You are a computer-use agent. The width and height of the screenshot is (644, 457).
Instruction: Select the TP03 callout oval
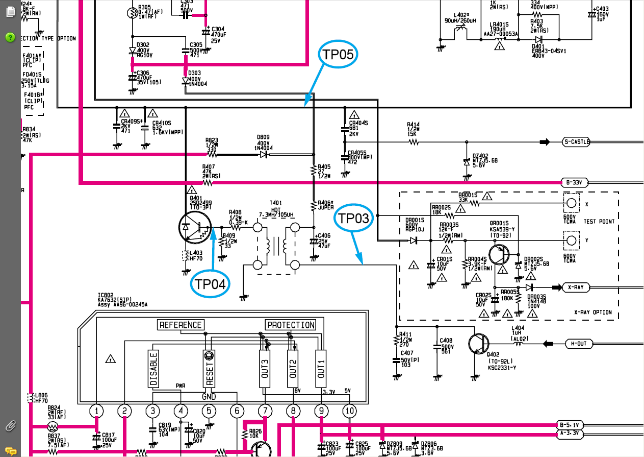tap(354, 219)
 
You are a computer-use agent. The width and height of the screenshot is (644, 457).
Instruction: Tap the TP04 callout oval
tap(210, 284)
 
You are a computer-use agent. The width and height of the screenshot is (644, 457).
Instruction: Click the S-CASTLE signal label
tap(576, 141)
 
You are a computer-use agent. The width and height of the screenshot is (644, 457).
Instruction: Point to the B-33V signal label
tap(574, 182)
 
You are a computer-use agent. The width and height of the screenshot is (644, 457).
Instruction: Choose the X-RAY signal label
tap(575, 287)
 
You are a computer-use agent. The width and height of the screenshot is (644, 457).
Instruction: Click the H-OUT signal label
tap(578, 344)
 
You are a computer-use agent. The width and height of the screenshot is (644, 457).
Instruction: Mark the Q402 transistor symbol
tap(480, 344)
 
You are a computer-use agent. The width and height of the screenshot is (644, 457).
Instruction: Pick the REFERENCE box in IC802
tap(181, 325)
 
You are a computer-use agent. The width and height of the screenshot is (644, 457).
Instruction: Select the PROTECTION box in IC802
tap(291, 325)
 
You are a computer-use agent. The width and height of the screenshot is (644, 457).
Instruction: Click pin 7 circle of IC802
tap(265, 411)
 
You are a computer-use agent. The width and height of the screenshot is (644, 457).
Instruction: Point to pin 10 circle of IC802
tap(349, 411)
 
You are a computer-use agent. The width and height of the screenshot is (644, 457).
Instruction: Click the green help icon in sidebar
tap(10, 37)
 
